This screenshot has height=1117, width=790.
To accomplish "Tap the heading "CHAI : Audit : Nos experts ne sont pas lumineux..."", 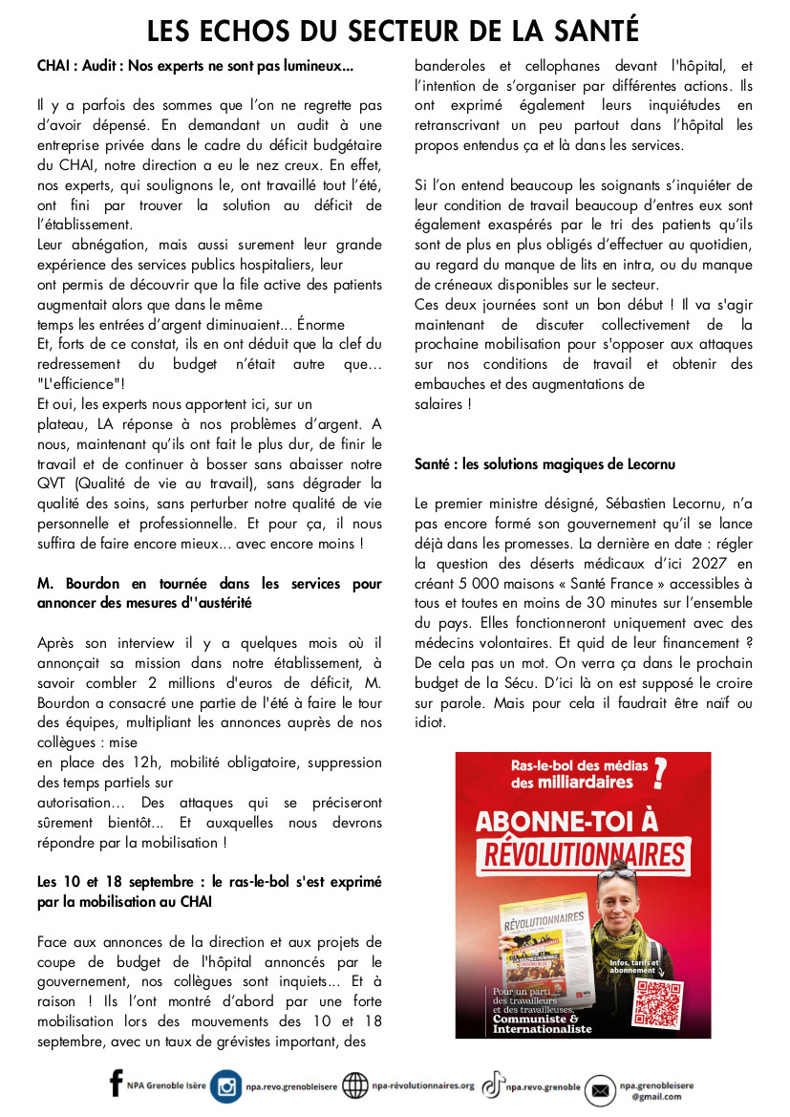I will (195, 67).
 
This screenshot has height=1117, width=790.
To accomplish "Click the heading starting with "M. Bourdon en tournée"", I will (209, 592).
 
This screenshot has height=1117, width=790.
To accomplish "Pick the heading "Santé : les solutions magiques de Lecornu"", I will (544, 463).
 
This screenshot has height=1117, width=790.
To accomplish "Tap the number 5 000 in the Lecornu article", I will (475, 583).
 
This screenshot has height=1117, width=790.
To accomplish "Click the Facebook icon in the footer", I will (117, 1084).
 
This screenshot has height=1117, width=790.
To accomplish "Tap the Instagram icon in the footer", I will (225, 1086).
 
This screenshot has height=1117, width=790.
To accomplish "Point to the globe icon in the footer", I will (355, 1086).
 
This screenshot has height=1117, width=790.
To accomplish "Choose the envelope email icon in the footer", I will (600, 1089).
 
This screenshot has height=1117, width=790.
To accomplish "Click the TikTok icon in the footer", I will (493, 1085).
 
